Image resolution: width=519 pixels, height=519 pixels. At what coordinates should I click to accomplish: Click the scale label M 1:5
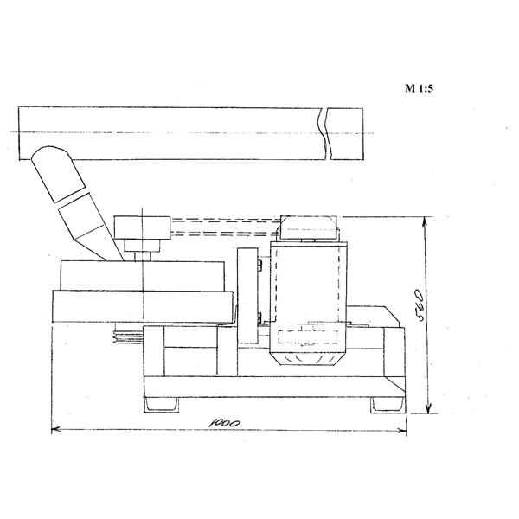pyautogui.click(x=419, y=88)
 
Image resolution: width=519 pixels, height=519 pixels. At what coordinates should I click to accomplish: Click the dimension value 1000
pyautogui.click(x=225, y=423)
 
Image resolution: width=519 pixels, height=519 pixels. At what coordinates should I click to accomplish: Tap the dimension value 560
pyautogui.click(x=420, y=304)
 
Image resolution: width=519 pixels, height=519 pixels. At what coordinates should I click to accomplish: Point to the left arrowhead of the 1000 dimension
pyautogui.click(x=55, y=430)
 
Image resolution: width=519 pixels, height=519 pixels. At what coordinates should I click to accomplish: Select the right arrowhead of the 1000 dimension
pyautogui.click(x=402, y=431)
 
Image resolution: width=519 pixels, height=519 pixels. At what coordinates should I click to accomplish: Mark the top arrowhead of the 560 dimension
pyautogui.click(x=425, y=221)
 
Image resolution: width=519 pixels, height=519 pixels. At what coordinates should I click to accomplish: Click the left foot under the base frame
pyautogui.click(x=161, y=405)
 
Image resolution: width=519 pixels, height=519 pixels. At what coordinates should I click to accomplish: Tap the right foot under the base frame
pyautogui.click(x=388, y=405)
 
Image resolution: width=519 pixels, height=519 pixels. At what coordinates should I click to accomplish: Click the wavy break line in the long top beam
pyautogui.click(x=324, y=133)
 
